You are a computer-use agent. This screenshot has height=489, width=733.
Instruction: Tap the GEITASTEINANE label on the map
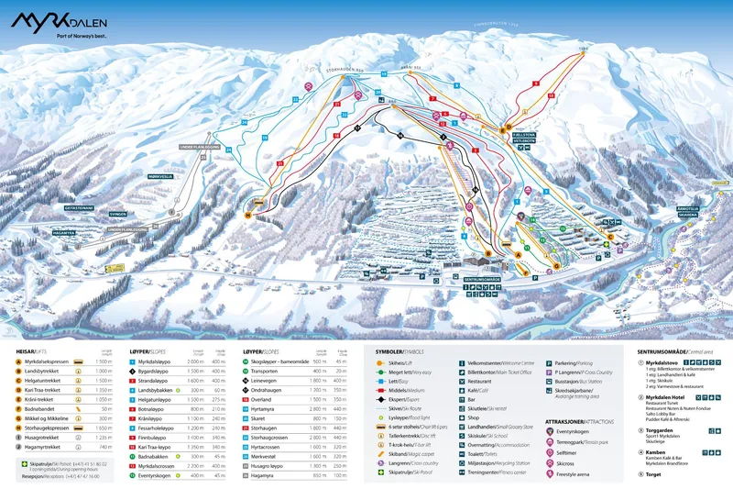(79, 208)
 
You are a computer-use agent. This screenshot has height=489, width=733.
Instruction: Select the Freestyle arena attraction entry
(576, 474)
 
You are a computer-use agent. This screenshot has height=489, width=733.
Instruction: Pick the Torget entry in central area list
(654, 475)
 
